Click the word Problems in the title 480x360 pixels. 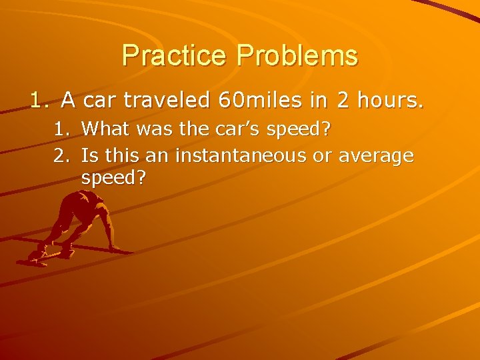296,55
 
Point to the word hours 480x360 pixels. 391,101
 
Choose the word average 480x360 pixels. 377,156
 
